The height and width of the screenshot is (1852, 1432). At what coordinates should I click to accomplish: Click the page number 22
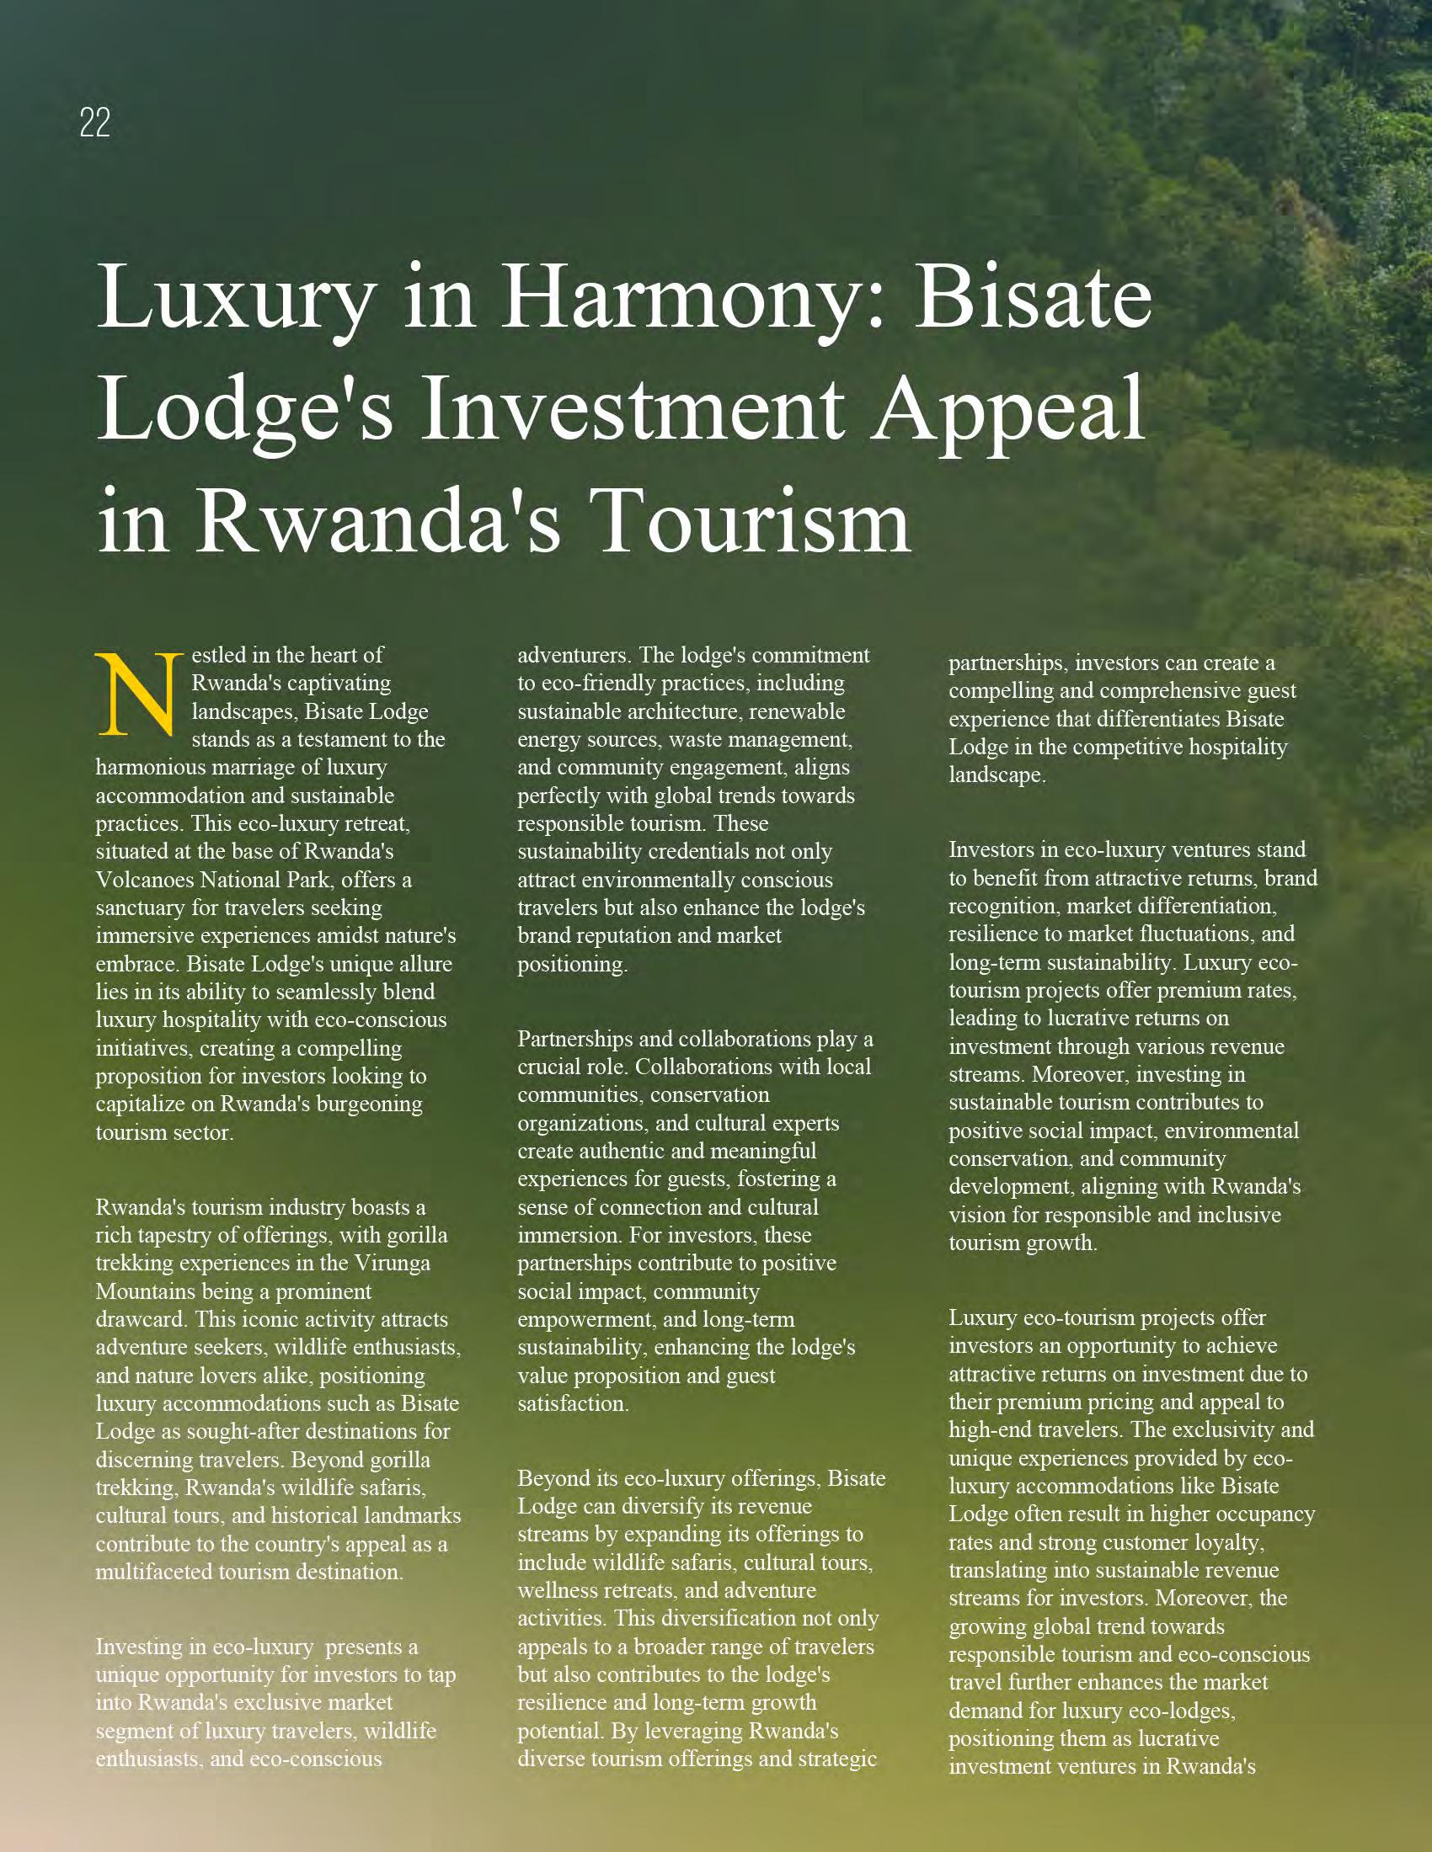click(95, 124)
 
